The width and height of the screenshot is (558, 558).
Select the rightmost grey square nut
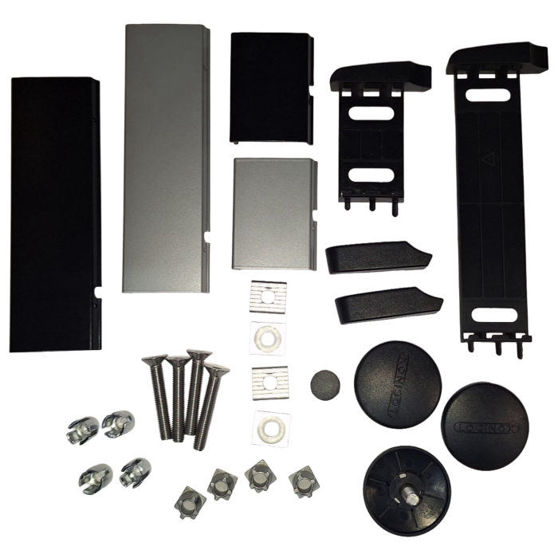[x=301, y=480]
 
